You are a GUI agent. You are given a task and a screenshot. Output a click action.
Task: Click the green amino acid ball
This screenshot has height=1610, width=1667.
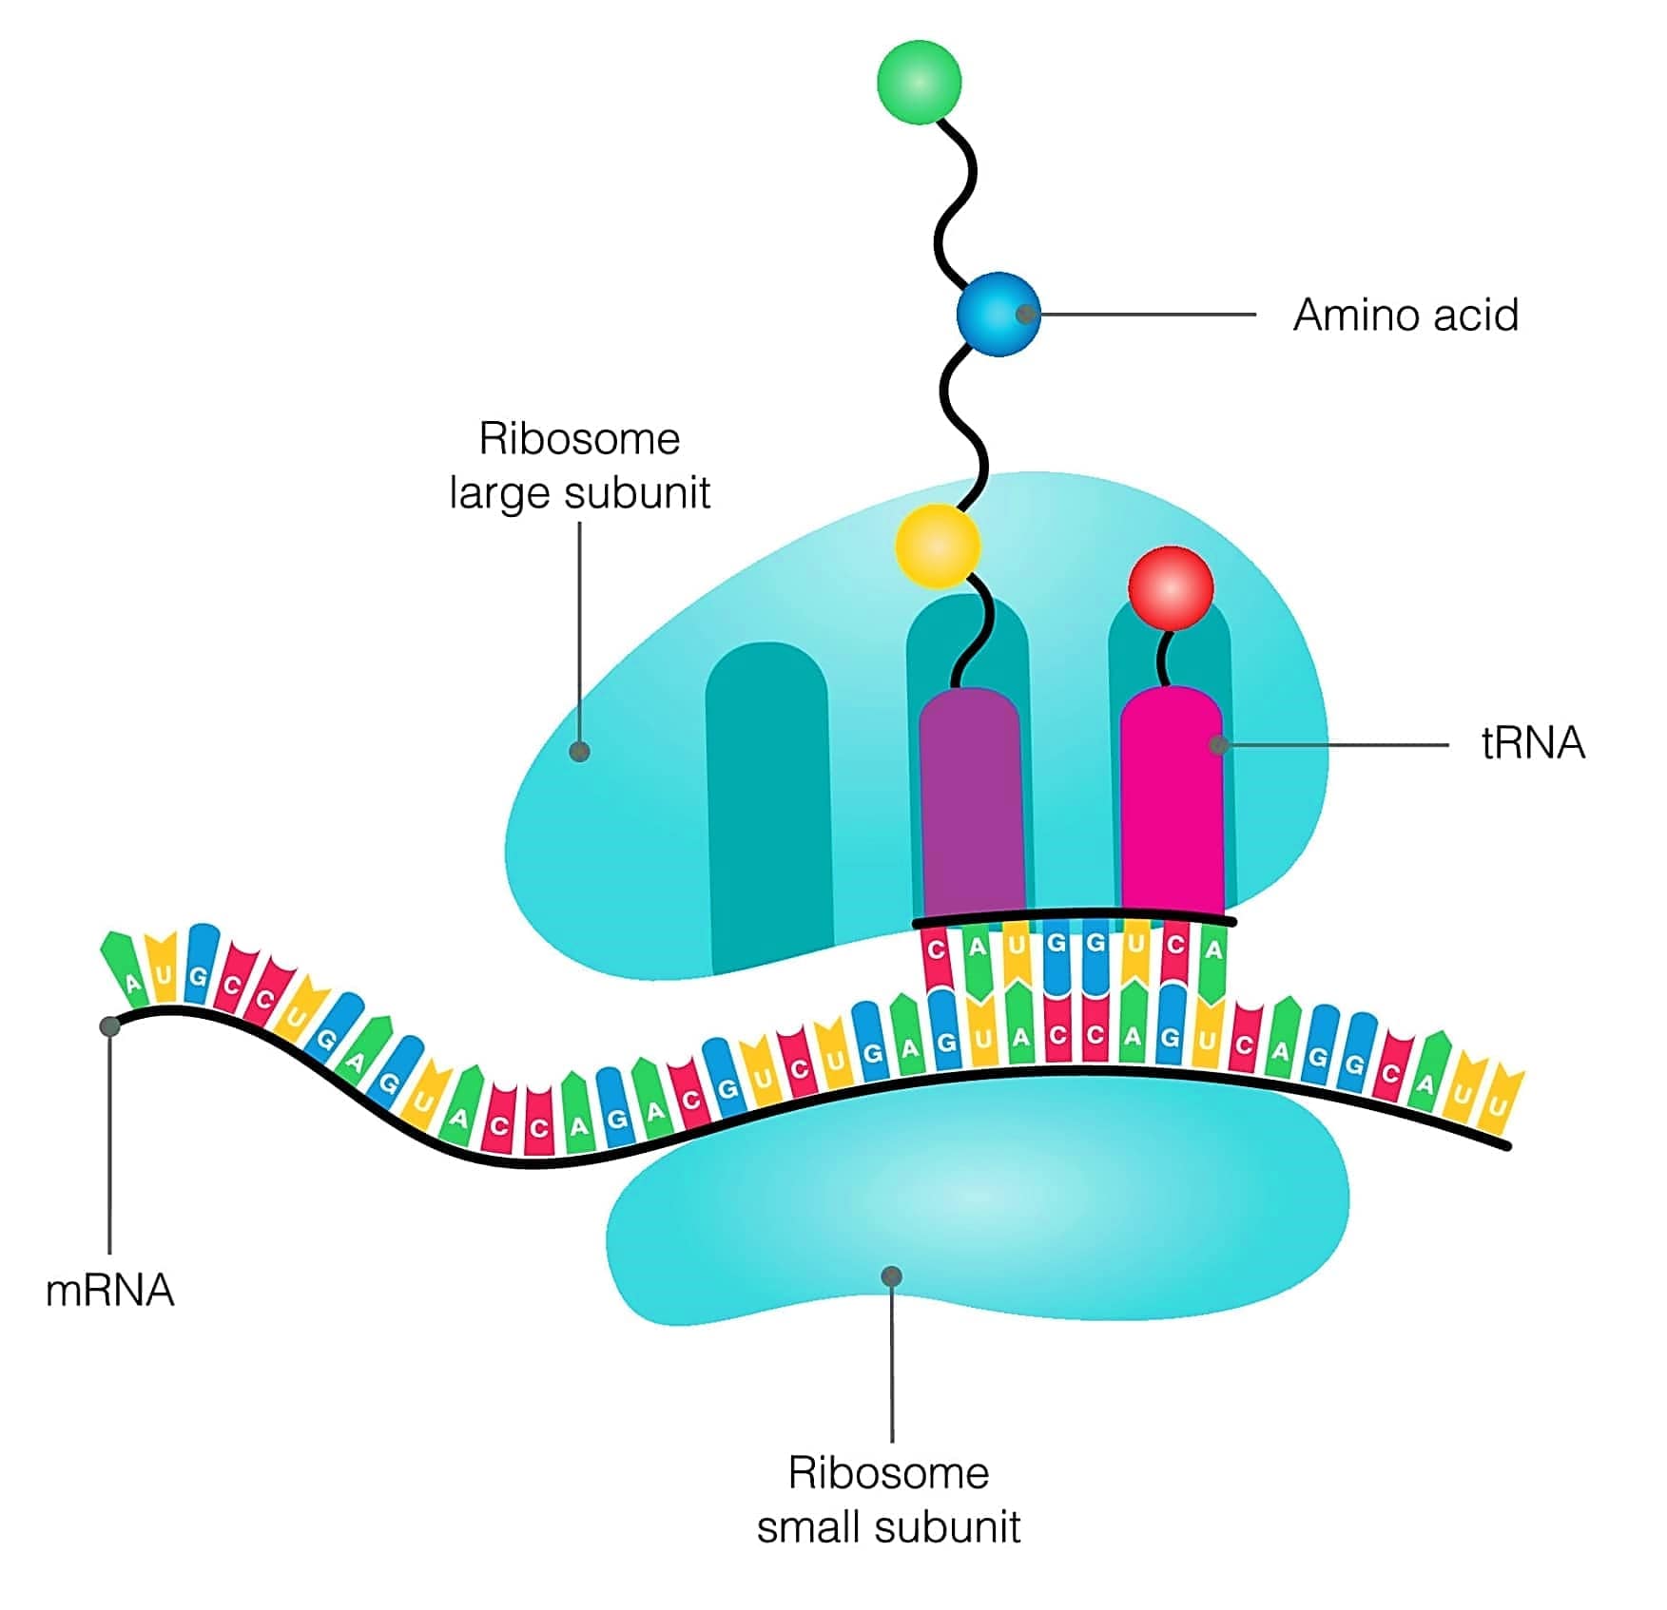point(919,82)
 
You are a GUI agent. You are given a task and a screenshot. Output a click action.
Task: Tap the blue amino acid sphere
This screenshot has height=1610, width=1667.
point(998,314)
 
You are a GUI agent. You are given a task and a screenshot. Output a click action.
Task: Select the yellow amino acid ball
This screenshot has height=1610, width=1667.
point(938,546)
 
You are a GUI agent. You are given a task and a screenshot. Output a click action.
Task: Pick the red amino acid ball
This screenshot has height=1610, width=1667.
point(1171,588)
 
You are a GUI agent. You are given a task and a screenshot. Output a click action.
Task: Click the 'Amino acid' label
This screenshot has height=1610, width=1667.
point(1405,316)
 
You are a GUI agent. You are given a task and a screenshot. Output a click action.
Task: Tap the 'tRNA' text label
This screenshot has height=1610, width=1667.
point(1533,743)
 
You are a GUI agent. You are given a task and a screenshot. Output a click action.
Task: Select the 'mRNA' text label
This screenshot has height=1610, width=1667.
point(110,1291)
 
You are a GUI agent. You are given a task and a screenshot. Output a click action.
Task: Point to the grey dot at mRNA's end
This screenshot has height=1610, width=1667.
point(110,1026)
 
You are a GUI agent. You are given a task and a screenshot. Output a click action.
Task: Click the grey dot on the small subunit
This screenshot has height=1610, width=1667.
point(891,1275)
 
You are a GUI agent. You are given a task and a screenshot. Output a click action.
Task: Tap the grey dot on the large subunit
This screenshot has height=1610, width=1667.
point(579,752)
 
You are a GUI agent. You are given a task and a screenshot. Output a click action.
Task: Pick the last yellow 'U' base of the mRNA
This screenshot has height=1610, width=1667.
point(1498,1102)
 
